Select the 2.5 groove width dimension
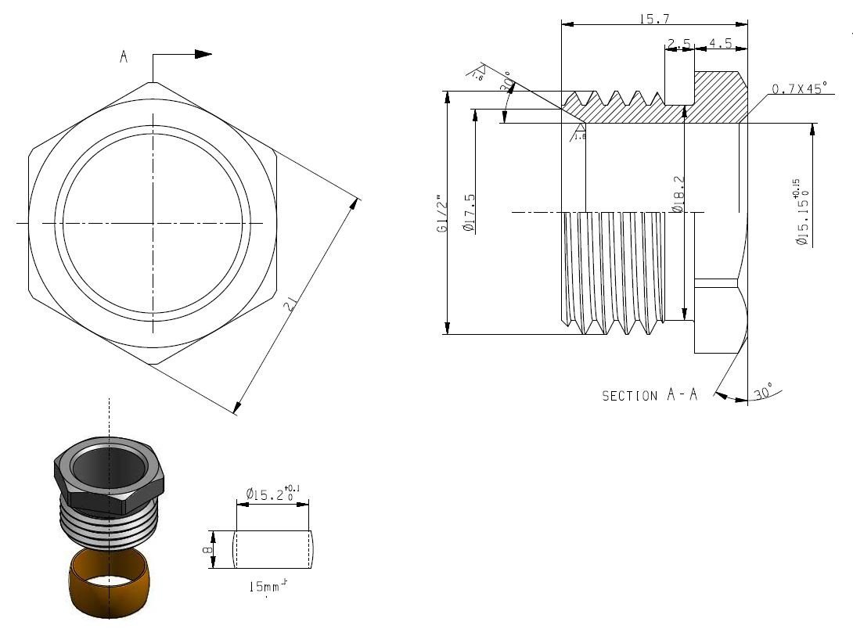(678, 44)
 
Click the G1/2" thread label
(442, 214)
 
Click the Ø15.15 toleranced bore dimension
(801, 213)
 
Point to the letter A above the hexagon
(124, 56)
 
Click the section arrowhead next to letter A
(203, 54)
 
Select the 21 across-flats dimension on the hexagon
(291, 304)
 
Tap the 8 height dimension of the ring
(207, 549)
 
